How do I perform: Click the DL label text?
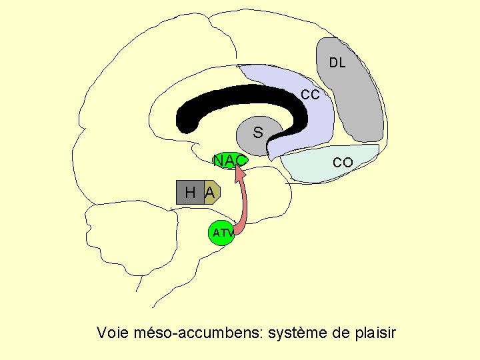tap(337, 64)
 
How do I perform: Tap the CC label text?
tap(310, 95)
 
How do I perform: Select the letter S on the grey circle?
tap(257, 133)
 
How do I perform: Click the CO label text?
tap(343, 163)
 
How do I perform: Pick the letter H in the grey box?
tap(190, 193)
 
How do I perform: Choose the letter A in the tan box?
tap(209, 193)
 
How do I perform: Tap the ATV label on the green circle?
tap(223, 233)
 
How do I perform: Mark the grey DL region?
tap(357, 100)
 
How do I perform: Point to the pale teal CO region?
tap(320, 167)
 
